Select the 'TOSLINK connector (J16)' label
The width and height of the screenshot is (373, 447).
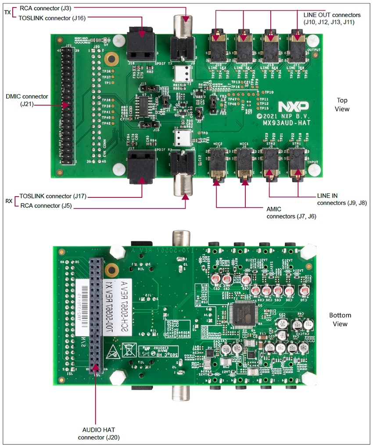point(52,18)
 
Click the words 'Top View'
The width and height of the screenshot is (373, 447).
point(342,104)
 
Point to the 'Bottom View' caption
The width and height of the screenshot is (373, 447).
point(340,319)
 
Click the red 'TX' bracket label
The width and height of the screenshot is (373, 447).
point(7,13)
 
